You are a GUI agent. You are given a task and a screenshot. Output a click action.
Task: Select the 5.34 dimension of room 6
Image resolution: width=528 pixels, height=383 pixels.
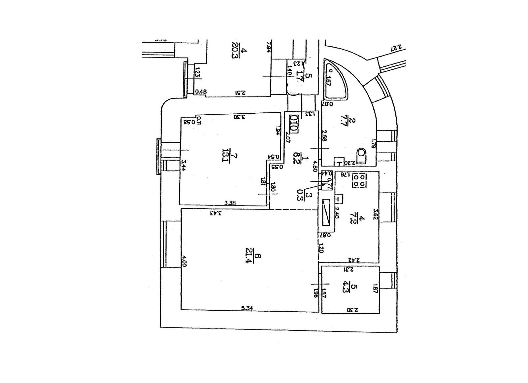point(247,308)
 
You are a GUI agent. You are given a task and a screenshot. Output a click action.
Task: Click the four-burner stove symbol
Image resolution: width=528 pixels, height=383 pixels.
point(359,180)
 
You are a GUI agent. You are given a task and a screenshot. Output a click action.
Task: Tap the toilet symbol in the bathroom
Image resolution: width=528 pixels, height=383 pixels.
point(362,155)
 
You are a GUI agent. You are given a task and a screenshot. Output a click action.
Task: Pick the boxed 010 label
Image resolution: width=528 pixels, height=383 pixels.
point(294,123)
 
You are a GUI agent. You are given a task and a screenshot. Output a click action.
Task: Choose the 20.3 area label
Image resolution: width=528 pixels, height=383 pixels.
point(236,51)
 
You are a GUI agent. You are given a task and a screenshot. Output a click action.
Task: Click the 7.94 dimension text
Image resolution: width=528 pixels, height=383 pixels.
point(268,47)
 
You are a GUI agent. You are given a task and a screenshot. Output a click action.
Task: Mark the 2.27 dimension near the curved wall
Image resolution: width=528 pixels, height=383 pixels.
point(395,48)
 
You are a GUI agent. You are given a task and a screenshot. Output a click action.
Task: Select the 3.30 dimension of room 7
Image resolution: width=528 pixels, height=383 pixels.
point(239,117)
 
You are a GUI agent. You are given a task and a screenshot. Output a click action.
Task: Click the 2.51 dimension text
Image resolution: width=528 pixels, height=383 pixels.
point(241,93)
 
